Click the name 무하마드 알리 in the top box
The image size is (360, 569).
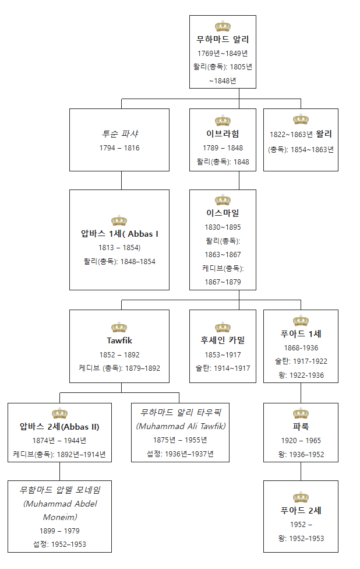(223, 40)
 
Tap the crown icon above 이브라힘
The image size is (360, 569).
(223, 121)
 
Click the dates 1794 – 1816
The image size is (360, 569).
(119, 148)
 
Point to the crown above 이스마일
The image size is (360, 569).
(223, 201)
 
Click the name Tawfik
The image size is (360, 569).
(119, 340)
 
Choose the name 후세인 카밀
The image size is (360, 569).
(223, 340)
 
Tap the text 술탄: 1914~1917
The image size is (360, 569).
(223, 368)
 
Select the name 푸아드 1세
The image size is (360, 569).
(301, 334)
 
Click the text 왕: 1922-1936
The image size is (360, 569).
(301, 375)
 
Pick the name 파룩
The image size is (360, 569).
(301, 427)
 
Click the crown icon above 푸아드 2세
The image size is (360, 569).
(301, 497)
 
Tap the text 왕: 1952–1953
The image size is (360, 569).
(301, 539)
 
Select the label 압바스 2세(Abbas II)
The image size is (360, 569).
(59, 427)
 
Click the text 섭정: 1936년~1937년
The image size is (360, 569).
(180, 454)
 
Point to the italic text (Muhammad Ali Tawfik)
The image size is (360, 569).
(180, 426)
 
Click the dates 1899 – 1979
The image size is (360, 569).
(59, 531)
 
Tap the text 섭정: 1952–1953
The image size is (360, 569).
(59, 545)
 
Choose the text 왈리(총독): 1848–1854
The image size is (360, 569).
(119, 262)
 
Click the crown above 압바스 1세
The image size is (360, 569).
(119, 220)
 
